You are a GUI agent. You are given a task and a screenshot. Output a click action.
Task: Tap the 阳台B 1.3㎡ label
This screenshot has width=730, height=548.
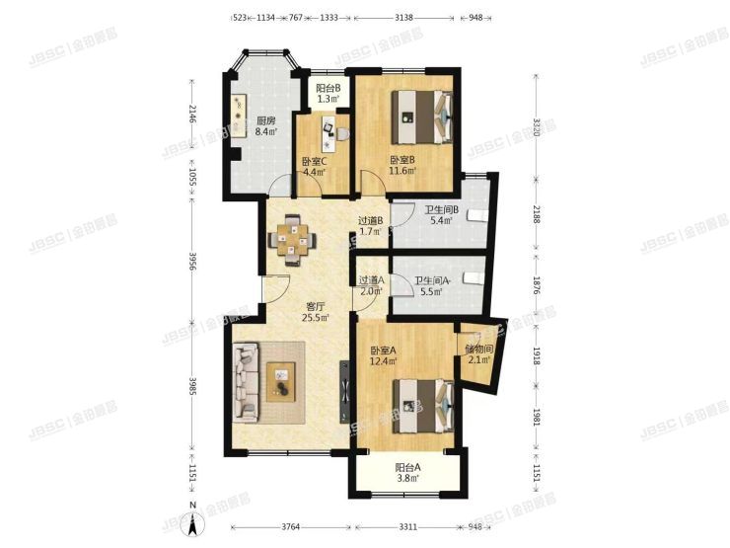328,94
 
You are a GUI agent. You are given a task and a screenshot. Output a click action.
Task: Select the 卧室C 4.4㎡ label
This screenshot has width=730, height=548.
315,167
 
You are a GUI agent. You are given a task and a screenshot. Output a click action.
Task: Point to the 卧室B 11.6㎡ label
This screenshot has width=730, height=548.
401,165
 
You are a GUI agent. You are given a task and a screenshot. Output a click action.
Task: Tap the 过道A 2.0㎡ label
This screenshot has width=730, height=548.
371,285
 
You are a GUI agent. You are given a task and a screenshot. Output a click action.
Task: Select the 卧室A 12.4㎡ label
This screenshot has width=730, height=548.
384,357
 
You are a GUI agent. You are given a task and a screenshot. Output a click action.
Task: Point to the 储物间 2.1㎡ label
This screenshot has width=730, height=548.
479,353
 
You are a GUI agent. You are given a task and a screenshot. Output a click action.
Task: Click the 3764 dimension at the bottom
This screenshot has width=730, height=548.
288,527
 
